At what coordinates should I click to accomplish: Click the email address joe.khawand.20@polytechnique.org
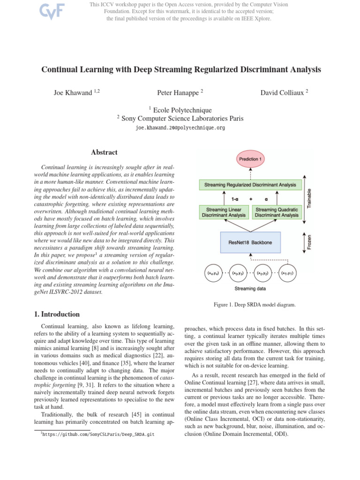tap(180, 127)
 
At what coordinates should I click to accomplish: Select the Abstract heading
tap(104, 152)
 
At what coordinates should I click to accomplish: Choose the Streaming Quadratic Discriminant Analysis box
tap(277, 212)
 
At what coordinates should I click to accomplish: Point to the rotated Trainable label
tap(308, 197)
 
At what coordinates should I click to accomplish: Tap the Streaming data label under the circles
tap(249, 289)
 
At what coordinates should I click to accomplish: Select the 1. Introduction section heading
tap(53, 314)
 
